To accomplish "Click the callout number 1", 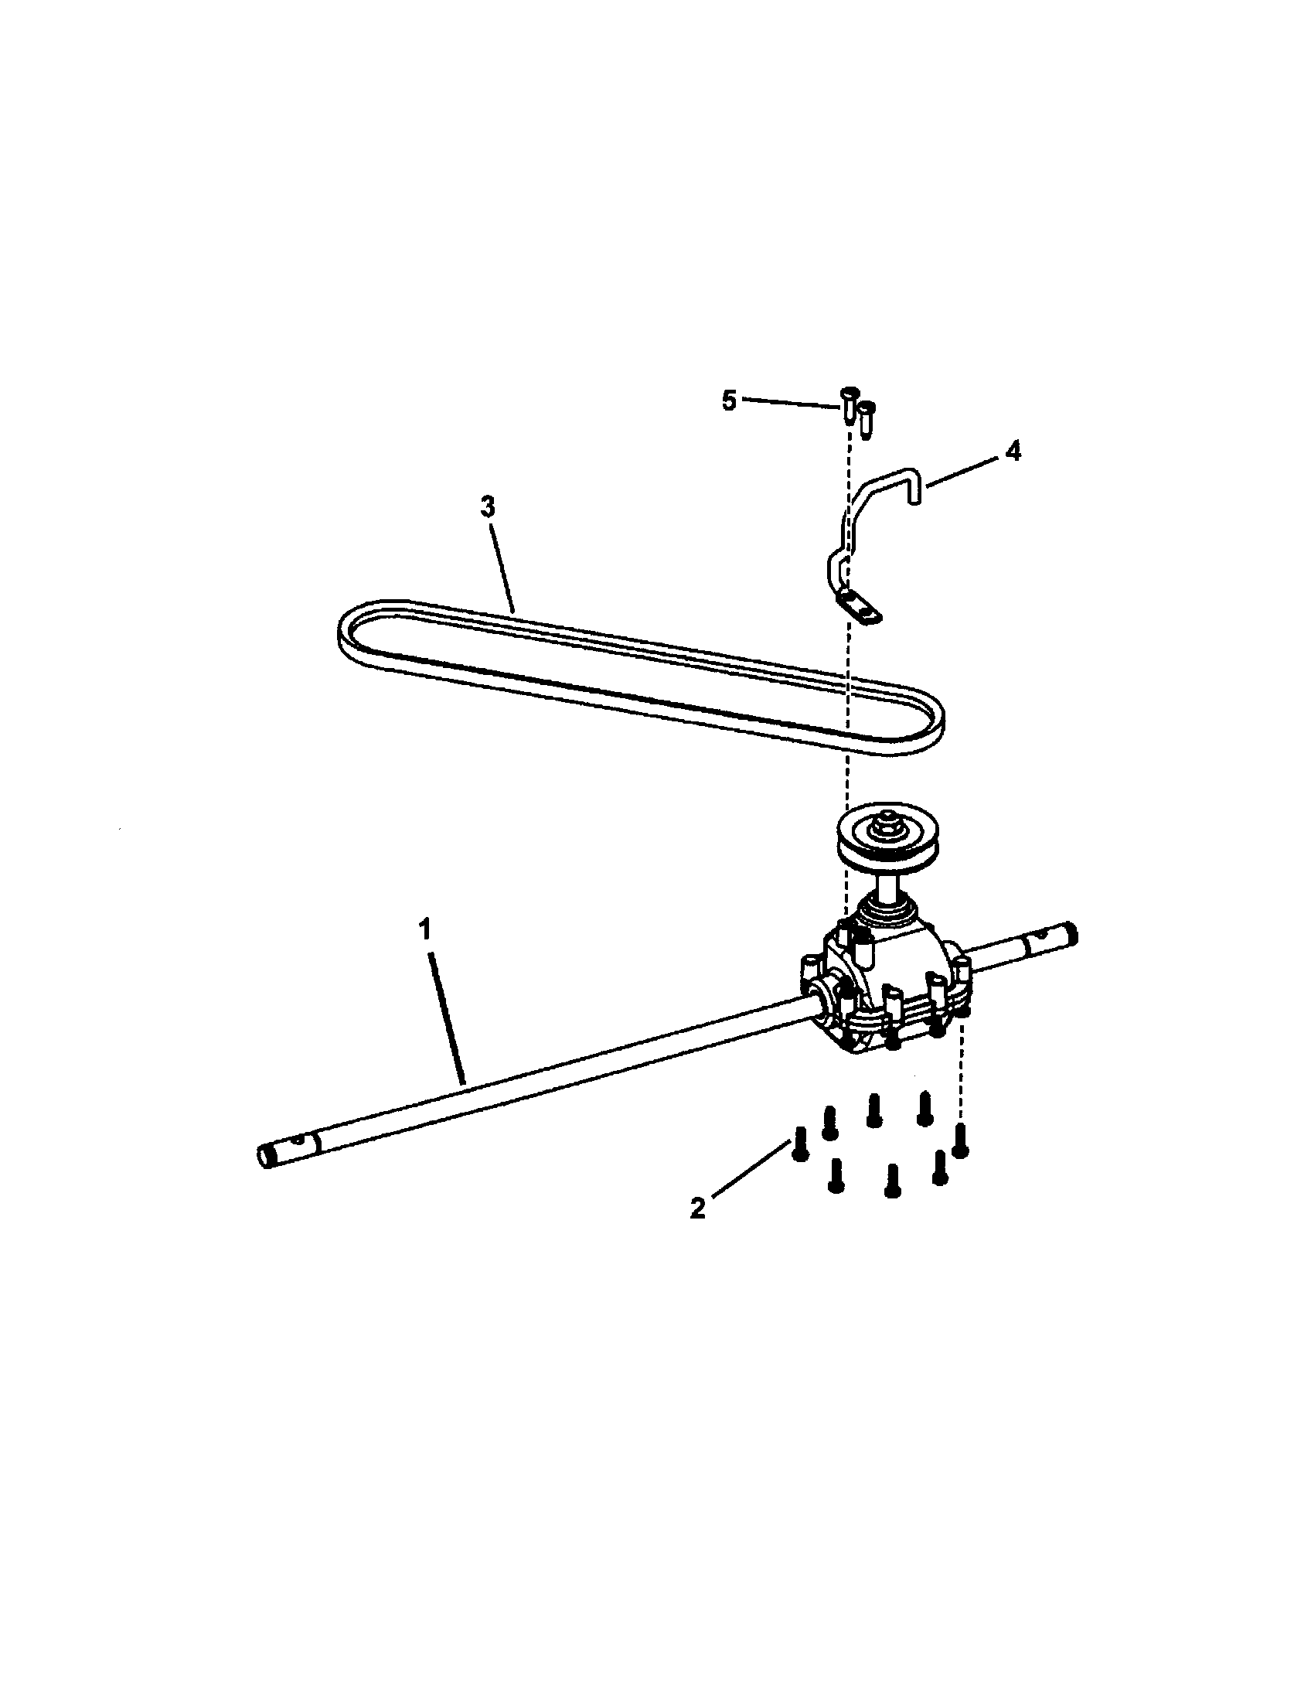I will coord(425,930).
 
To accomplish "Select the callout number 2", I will coord(697,1208).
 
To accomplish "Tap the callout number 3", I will coord(487,507).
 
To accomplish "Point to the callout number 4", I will coord(1012,452).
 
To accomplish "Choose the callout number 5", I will coord(729,402).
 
